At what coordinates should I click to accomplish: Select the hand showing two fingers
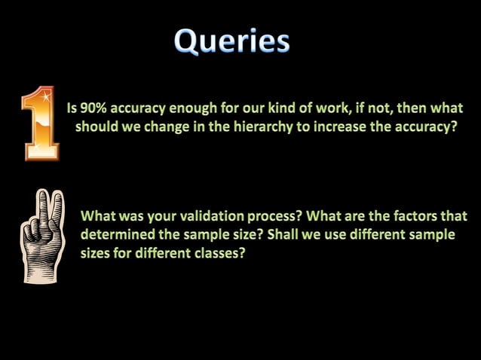42,235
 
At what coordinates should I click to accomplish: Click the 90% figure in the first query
96,108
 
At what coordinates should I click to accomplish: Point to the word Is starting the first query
72,108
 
